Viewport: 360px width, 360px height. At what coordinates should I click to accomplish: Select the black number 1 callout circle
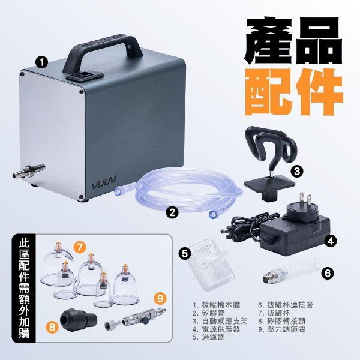pyautogui.click(x=42, y=61)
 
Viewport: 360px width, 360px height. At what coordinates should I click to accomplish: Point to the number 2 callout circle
pyautogui.click(x=173, y=211)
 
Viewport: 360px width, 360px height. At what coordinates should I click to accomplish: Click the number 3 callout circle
pyautogui.click(x=297, y=171)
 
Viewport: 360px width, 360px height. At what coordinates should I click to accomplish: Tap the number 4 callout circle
pyautogui.click(x=331, y=242)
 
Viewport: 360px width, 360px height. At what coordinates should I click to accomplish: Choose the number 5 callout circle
pyautogui.click(x=185, y=253)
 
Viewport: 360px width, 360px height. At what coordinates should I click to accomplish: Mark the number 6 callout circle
pyautogui.click(x=327, y=272)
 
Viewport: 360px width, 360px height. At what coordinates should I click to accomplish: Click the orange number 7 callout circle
pyautogui.click(x=80, y=246)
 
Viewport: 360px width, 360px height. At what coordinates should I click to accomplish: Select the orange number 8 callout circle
pyautogui.click(x=53, y=328)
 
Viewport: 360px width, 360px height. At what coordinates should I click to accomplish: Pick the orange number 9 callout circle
pyautogui.click(x=159, y=296)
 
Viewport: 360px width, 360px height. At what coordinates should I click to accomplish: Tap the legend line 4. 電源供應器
pyautogui.click(x=216, y=329)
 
